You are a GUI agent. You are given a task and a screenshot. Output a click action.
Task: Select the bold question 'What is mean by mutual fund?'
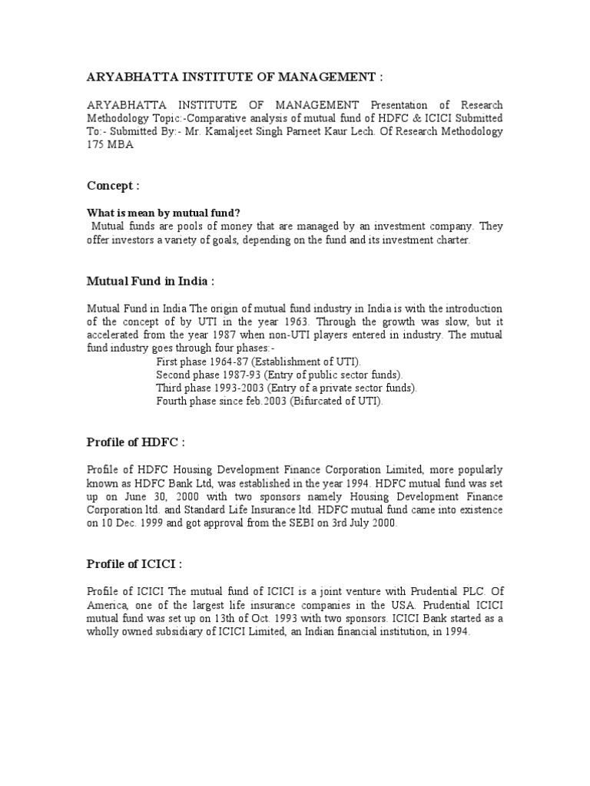pos(157,213)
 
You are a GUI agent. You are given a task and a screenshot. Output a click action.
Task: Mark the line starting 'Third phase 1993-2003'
pos(286,388)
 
